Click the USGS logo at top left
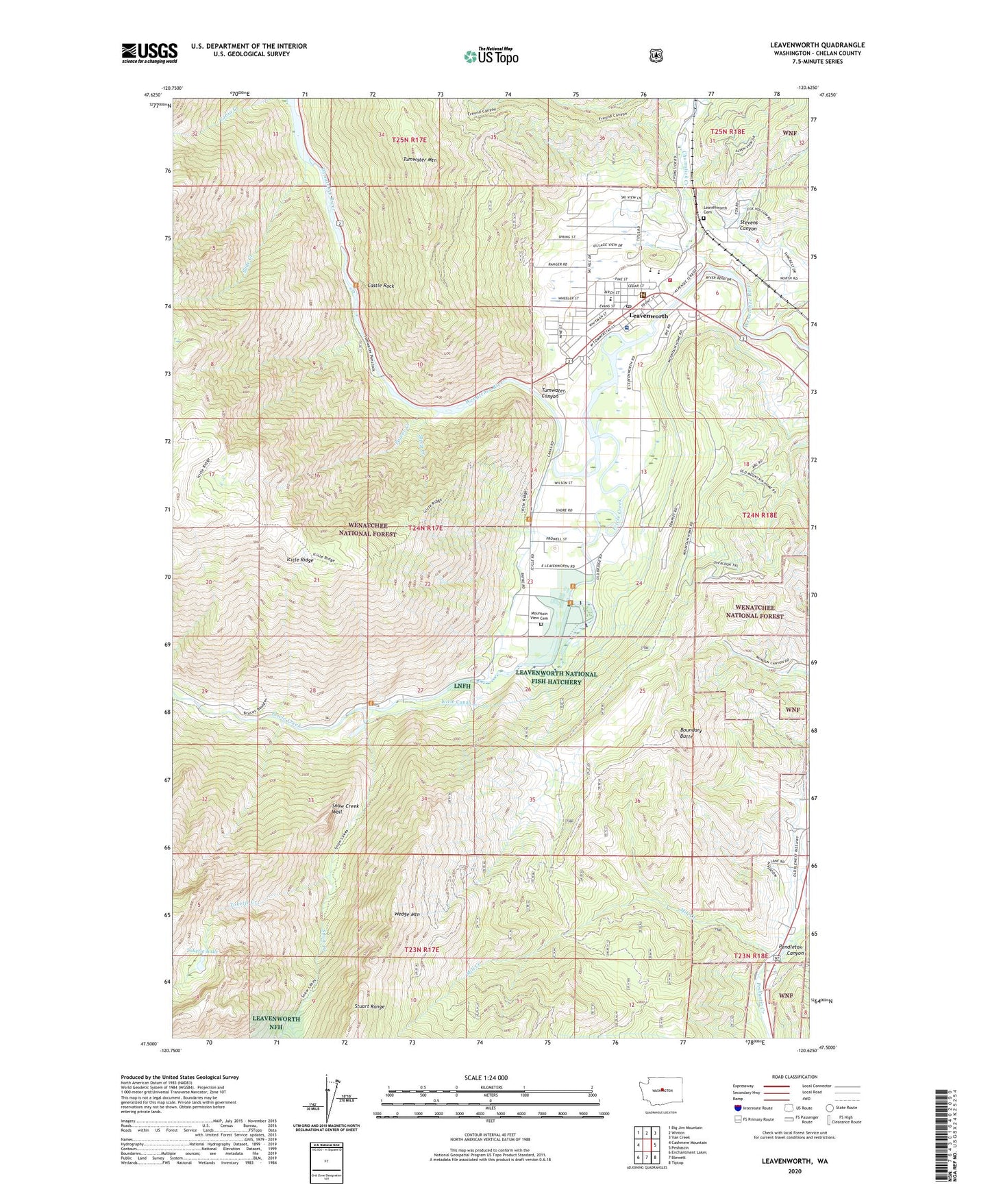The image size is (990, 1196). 149,53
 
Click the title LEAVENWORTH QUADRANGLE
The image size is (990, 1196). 817,45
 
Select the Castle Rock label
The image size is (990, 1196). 380,286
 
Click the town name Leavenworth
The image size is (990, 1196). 648,316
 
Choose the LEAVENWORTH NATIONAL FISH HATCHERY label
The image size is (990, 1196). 556,677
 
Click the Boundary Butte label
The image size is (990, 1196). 691,733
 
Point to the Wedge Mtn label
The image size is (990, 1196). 406,914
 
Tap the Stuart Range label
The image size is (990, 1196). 369,1006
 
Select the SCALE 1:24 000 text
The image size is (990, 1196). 486,1077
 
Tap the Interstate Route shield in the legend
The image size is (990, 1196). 737,1108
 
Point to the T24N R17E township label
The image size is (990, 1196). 425,528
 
